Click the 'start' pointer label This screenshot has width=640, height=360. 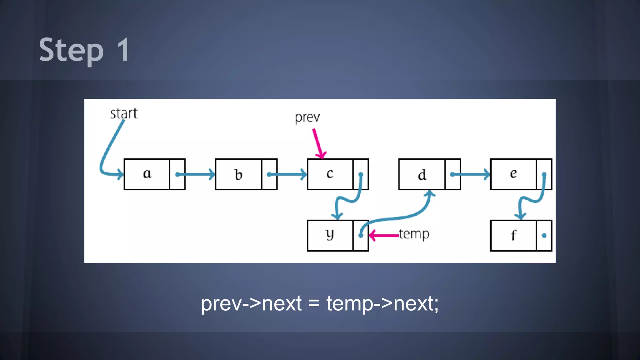pos(124,113)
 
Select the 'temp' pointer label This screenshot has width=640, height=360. pos(414,234)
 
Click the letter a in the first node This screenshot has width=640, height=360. pos(147,173)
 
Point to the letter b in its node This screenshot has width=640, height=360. pos(238,175)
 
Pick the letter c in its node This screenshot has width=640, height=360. pos(330,173)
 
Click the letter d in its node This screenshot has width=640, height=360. pos(422,175)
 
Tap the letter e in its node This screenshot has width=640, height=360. pos(513,173)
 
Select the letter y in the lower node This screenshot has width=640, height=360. pos(330,234)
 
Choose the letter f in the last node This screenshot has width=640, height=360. pos(513,235)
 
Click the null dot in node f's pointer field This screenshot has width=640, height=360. pos(544,236)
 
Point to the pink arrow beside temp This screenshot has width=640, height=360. pos(384,235)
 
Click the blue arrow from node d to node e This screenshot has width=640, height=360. pos(471,174)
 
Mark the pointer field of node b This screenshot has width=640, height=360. pos(269,174)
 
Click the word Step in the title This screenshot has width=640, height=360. pos(71,50)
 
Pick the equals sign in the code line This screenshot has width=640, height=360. pos(314,303)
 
